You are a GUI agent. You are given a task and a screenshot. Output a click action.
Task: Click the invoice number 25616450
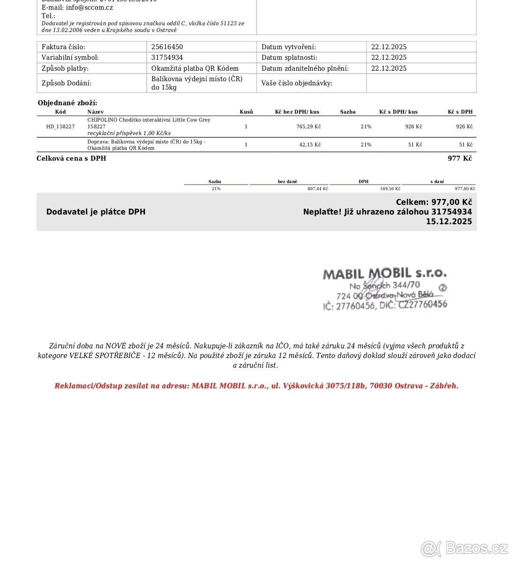(x=167, y=47)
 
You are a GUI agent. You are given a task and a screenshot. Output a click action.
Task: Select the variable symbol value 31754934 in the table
(x=167, y=58)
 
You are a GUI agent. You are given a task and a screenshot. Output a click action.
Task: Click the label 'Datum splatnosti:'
(x=289, y=58)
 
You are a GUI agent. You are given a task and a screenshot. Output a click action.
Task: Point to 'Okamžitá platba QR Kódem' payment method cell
(x=195, y=68)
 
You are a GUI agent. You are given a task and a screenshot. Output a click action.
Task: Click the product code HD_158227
(x=60, y=126)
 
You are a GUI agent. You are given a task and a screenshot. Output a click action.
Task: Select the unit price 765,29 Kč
(x=308, y=126)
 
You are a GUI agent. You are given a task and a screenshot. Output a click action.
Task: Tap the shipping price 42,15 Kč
(x=310, y=145)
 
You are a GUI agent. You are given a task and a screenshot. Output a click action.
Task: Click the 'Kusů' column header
(x=246, y=112)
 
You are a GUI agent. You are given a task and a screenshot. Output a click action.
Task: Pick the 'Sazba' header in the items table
(x=348, y=112)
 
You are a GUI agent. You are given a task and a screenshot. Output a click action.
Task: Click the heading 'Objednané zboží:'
(x=67, y=103)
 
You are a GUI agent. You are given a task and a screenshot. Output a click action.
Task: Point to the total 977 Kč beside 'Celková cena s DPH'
(x=460, y=158)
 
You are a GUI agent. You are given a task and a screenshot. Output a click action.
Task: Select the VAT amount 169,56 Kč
(x=390, y=189)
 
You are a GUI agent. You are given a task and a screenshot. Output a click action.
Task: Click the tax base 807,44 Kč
(x=317, y=189)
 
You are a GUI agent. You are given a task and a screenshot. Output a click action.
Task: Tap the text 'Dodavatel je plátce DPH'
(x=96, y=212)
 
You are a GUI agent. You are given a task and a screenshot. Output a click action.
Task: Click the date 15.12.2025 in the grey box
(x=449, y=222)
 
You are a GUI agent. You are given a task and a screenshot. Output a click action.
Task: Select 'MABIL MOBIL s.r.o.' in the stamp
(x=385, y=274)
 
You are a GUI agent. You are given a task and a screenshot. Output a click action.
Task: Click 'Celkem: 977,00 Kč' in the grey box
(x=433, y=202)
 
